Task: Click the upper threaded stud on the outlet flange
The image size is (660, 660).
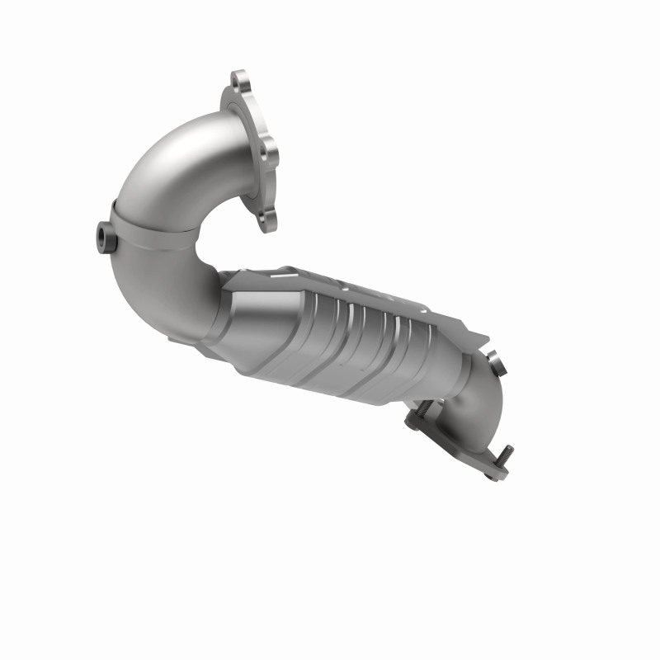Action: [x=419, y=406]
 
